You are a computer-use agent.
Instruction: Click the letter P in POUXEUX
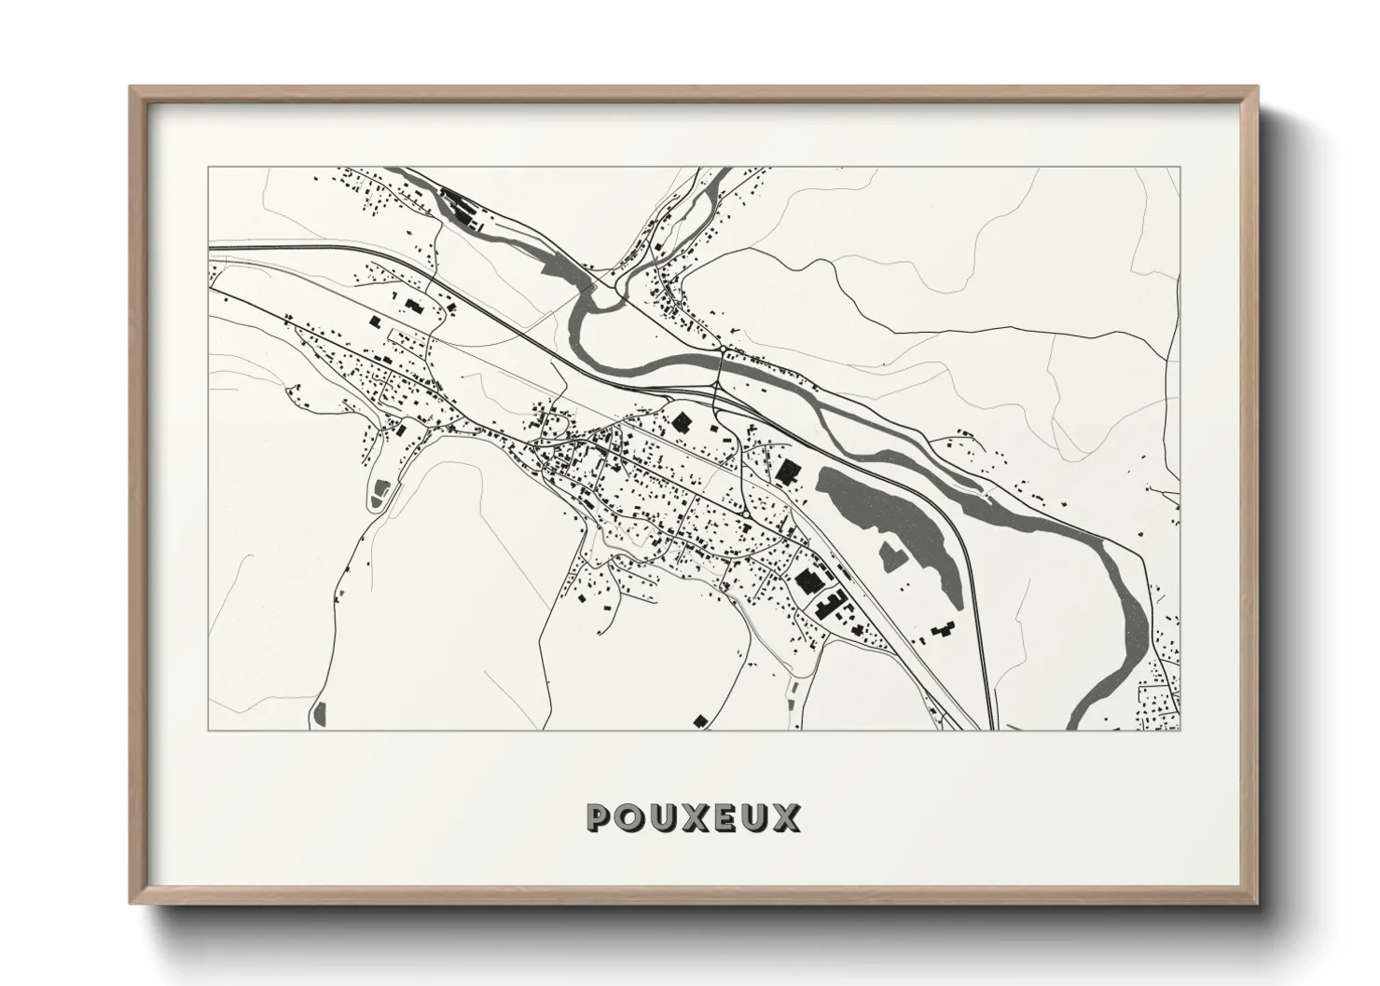600,817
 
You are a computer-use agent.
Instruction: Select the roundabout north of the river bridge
724,349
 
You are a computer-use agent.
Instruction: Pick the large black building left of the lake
790,472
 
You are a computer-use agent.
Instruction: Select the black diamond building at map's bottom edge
699,719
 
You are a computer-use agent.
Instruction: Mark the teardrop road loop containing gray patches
379,492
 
